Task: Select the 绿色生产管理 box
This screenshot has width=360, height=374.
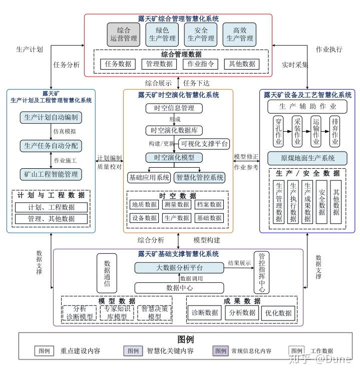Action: [162, 34]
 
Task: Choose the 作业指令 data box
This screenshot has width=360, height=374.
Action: [201, 64]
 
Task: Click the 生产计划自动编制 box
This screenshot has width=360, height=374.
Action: [51, 118]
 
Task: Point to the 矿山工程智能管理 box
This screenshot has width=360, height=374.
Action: [51, 174]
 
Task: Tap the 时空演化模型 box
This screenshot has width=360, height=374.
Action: [174, 158]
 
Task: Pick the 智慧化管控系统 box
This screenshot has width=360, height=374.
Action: [199, 178]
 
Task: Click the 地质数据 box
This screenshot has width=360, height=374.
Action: [144, 205]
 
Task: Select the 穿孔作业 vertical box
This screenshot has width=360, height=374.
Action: [278, 132]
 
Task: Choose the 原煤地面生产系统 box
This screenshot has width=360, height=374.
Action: [307, 159]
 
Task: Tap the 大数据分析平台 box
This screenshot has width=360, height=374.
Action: [178, 268]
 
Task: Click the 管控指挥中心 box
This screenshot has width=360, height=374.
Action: [262, 272]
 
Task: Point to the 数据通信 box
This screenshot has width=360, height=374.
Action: [106, 273]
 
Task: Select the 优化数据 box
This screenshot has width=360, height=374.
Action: [278, 313]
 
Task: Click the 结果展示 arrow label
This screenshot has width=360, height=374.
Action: [239, 263]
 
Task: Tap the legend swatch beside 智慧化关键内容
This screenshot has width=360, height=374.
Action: [133, 351]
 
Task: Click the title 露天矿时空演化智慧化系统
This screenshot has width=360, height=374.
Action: [178, 95]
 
